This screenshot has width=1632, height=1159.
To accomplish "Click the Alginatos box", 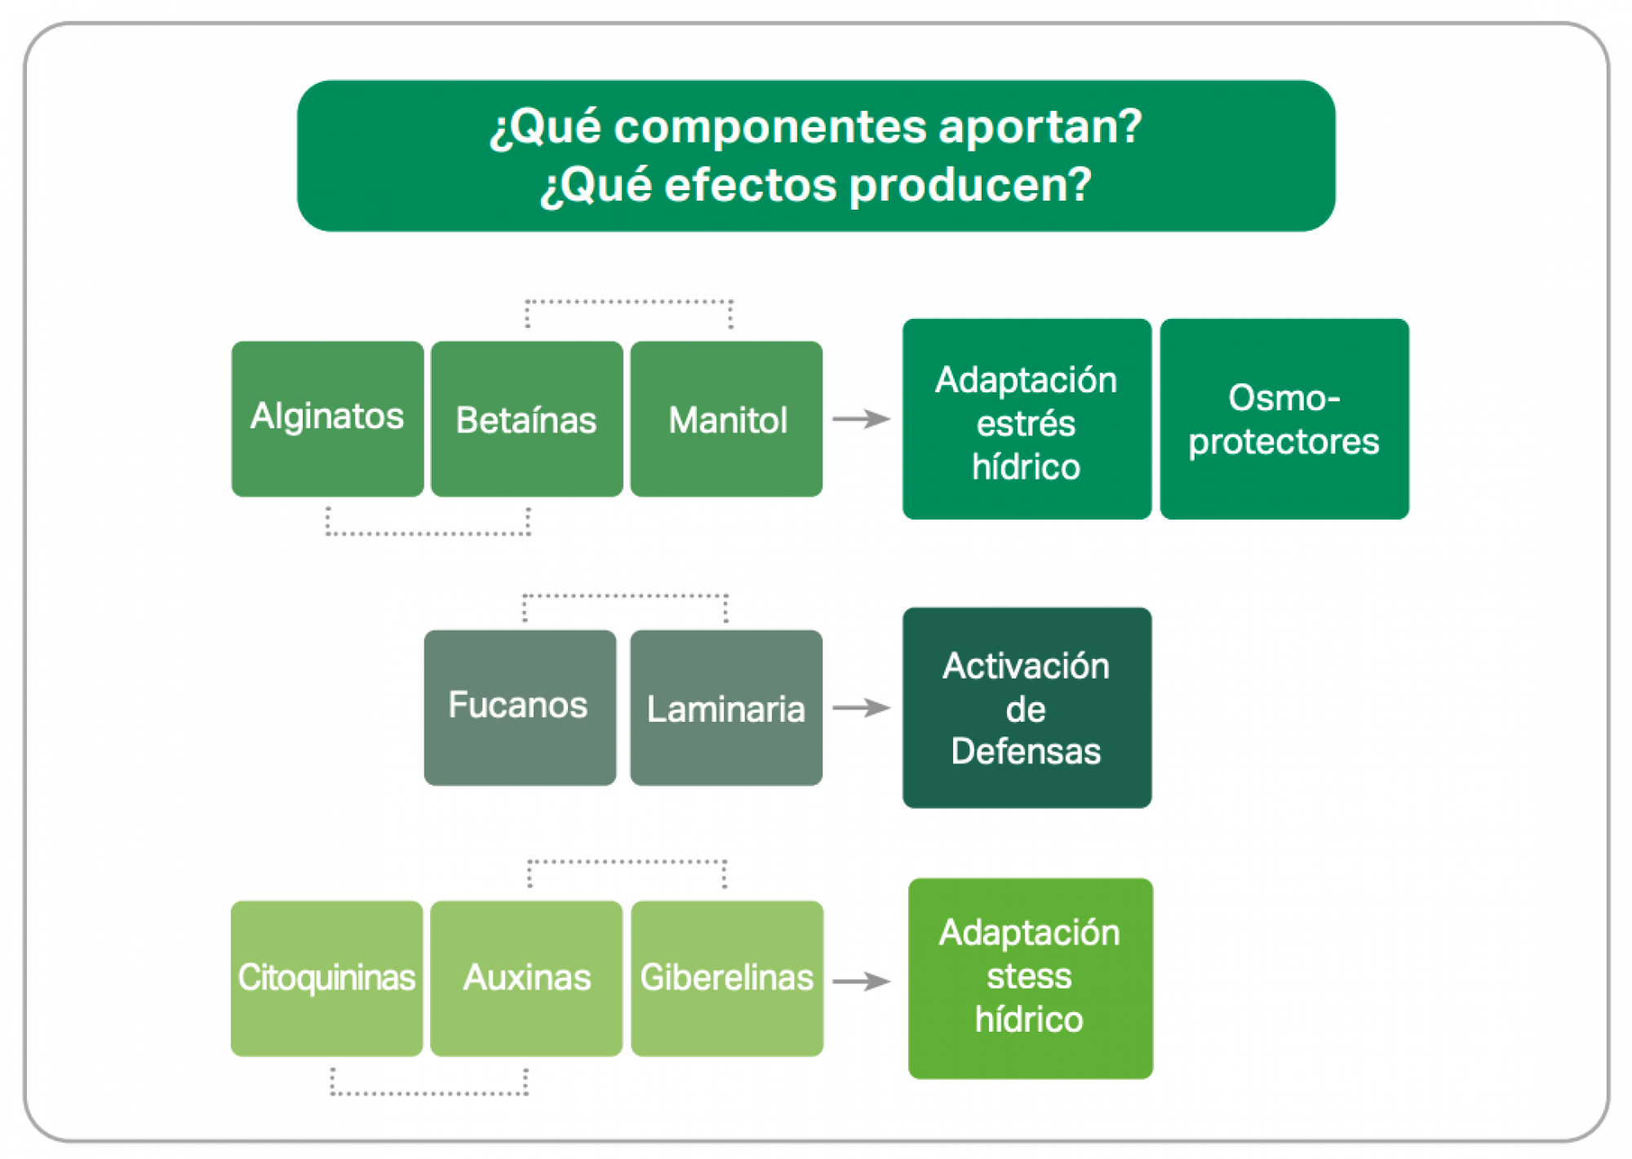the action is coord(327,418).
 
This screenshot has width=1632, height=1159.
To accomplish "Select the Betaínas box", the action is coord(526,418).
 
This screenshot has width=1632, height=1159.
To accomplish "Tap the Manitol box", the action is coord(726,418).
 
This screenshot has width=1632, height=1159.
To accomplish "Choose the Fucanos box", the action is coord(520,707).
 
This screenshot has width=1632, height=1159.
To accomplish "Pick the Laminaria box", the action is coord(726,707).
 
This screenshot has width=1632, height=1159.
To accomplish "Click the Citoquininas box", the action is coord(326,978).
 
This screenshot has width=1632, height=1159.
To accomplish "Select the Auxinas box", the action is coord(526,978).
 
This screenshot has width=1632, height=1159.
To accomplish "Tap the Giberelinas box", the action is coord(727,978).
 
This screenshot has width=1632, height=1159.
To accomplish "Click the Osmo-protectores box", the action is coord(1284,418).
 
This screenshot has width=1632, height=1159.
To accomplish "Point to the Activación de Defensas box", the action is coord(1027,707).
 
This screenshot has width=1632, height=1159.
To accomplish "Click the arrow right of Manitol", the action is coord(862,418).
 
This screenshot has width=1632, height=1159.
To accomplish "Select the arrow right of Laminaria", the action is coord(862,707).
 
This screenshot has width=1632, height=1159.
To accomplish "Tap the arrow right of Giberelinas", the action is coord(862,980).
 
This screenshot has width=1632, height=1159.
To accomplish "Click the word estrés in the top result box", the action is coord(1027,423).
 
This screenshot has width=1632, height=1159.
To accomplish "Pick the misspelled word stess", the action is coord(1029,976).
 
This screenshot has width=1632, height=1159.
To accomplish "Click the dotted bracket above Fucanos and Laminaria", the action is coord(625,596).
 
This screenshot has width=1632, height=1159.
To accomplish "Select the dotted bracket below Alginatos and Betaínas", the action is coord(428,533).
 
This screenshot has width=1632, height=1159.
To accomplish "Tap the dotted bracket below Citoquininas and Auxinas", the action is coord(429,1093).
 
